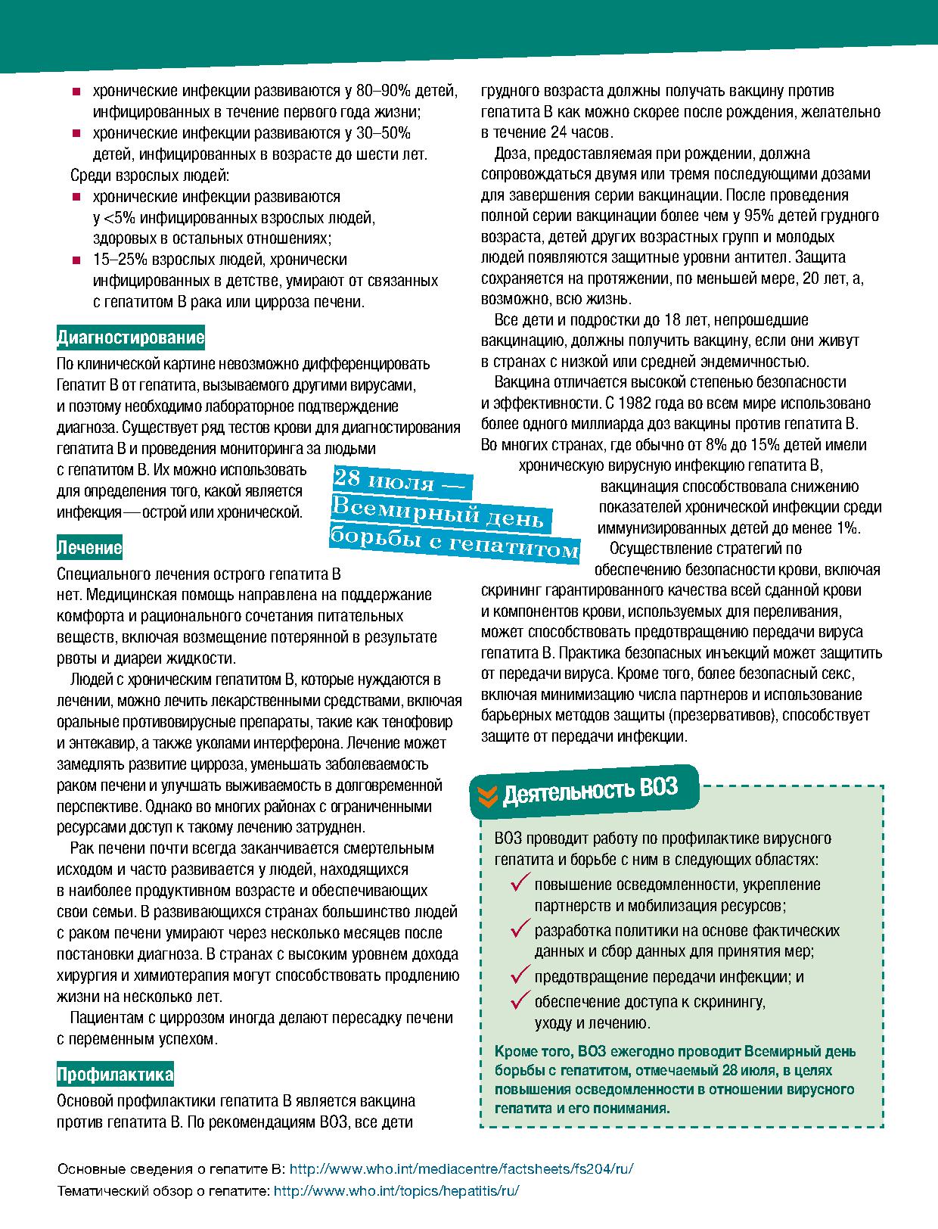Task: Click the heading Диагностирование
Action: [130, 336]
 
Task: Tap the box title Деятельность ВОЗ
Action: [589, 790]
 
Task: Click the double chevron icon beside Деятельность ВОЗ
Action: [489, 795]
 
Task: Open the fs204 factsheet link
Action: [461, 1168]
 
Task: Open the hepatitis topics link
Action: [396, 1190]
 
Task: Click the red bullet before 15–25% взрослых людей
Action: [76, 260]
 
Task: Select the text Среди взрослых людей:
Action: [149, 176]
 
